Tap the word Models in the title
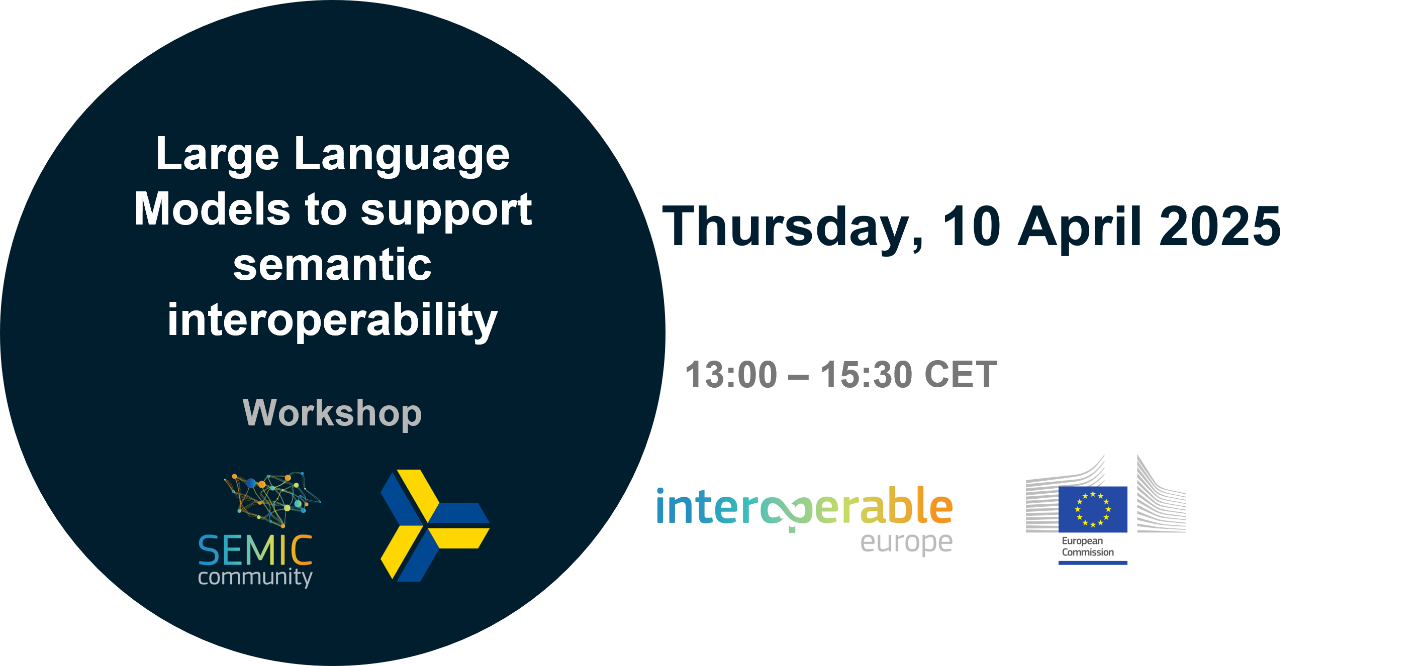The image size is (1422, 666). (212, 209)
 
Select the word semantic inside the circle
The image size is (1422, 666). (332, 265)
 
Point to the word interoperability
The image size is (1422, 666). (332, 320)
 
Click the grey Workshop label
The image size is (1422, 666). (332, 413)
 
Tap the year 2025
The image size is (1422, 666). (1220, 226)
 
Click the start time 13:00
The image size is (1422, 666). (731, 375)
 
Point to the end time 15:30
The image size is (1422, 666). (866, 375)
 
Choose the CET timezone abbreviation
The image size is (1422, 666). (961, 375)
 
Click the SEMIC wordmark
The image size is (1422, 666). (255, 550)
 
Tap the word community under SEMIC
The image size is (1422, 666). (255, 578)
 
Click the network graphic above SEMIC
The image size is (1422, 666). (272, 498)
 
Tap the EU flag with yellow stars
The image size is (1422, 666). (1093, 509)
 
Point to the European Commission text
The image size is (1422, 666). (1087, 546)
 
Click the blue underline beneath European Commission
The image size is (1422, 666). (1093, 563)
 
